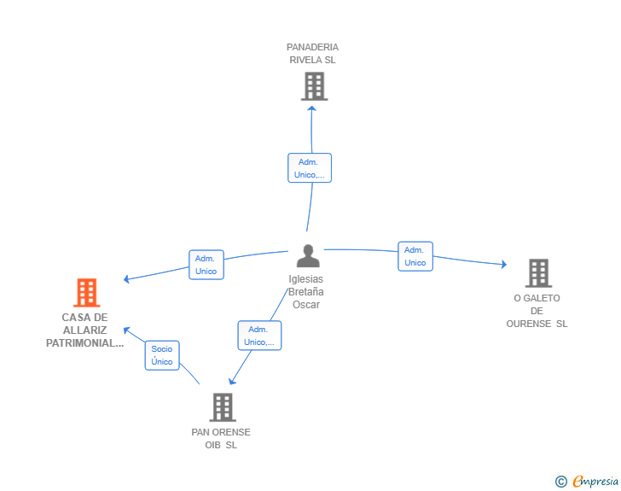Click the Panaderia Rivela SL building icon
[315, 86]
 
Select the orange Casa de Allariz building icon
[87, 293]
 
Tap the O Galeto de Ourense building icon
[538, 273]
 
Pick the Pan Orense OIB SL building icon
[223, 407]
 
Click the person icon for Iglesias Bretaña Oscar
[308, 256]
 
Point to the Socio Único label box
[162, 355]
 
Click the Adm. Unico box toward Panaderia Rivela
[310, 167]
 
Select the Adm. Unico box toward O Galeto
[415, 256]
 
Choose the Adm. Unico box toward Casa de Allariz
[206, 265]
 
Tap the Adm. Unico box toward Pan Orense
[259, 336]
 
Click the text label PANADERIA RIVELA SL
[312, 54]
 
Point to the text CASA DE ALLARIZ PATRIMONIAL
[84, 330]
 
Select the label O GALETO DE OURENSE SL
[537, 311]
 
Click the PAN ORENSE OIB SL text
[221, 439]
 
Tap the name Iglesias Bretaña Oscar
[305, 292]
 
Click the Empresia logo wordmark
[595, 481]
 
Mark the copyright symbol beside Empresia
[561, 482]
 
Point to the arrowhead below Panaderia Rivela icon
[311, 108]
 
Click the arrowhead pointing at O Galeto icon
[504, 264]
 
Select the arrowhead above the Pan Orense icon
[232, 381]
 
